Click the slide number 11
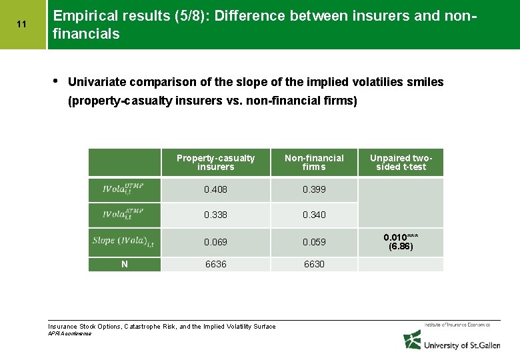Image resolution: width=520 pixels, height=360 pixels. tap(21, 25)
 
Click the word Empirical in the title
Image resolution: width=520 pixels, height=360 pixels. tap(78, 15)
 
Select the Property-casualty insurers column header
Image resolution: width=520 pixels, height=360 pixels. tap(215, 162)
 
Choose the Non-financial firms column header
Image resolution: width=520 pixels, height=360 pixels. tap(314, 162)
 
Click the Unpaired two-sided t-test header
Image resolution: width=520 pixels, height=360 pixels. tap(401, 162)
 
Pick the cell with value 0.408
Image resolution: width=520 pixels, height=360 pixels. tap(215, 189)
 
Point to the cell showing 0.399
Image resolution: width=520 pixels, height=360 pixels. tap(314, 189)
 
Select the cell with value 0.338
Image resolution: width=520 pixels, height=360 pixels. tap(215, 215)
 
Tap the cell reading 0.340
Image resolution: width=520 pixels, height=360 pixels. tap(314, 215)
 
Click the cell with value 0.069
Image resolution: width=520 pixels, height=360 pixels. tap(215, 242)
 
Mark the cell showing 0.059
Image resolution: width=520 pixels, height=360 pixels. tap(314, 242)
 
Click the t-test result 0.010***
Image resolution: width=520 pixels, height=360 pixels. tap(401, 237)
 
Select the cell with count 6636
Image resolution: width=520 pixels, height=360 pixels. tap(215, 264)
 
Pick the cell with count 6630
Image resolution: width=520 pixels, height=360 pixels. tap(314, 264)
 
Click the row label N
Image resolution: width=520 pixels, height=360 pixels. tap(125, 264)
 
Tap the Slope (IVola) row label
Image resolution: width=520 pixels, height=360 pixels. tap(124, 242)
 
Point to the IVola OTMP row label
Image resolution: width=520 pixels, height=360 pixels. tap(124, 189)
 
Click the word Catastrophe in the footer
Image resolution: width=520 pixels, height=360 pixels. tap(145, 326)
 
